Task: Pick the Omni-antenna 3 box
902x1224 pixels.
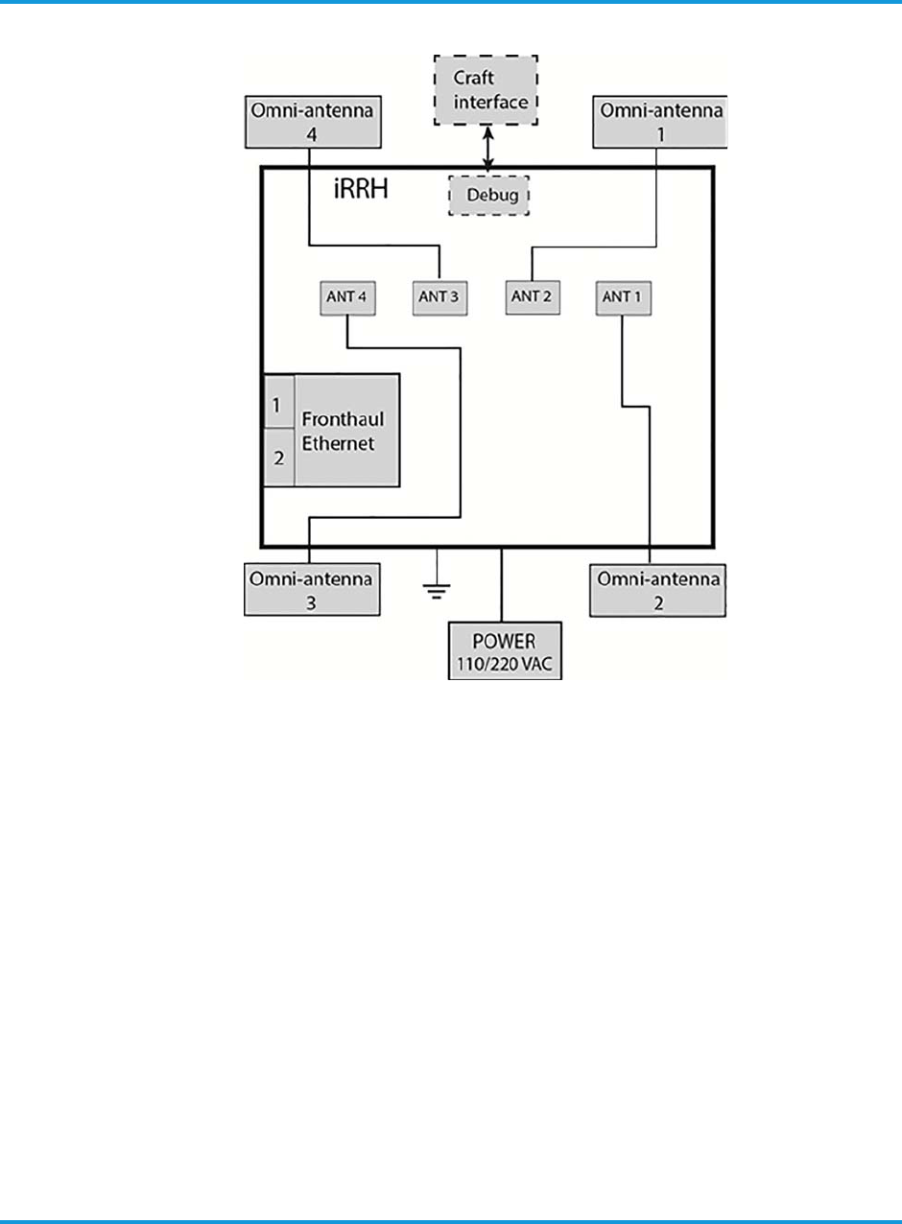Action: tap(309, 590)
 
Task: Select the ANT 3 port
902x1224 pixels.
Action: tap(439, 297)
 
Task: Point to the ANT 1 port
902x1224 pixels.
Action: tap(624, 297)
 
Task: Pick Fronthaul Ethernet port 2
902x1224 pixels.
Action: tap(278, 458)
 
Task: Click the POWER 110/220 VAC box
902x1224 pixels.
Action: tap(506, 651)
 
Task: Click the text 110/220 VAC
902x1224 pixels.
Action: tap(506, 663)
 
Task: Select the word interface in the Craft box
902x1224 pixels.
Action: tap(490, 102)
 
